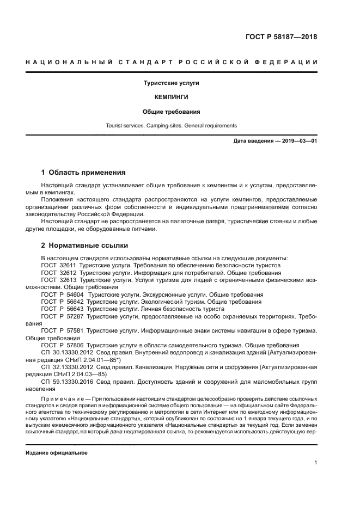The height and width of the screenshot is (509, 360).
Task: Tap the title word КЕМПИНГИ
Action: point(171,97)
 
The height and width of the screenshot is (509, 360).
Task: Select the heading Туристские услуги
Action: point(171,83)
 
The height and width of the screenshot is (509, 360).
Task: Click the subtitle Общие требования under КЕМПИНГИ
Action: point(171,112)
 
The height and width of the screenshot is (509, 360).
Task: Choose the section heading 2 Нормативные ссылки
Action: point(84,245)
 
